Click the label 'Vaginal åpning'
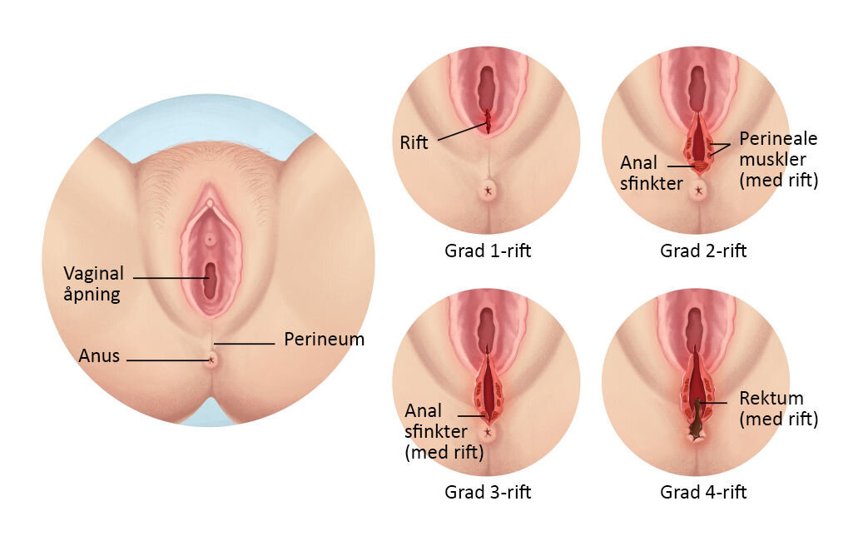point(93,283)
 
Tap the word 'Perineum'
point(324,340)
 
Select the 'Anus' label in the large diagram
point(99,356)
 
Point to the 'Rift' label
point(414,142)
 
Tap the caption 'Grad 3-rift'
point(488,492)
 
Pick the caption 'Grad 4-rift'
point(703,492)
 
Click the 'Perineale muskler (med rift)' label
point(779,159)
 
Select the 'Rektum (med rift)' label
point(778,409)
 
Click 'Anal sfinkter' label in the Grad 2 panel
point(639,173)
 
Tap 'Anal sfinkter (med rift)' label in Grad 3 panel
point(444,432)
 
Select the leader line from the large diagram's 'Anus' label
point(166,360)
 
